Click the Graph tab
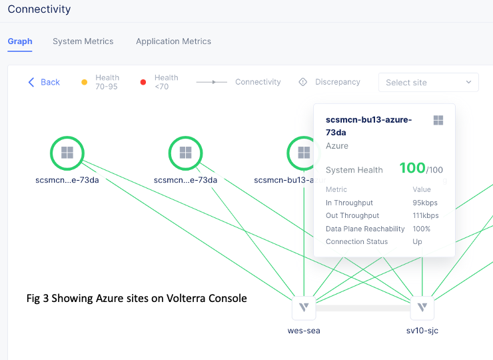click(x=20, y=41)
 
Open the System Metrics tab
click(x=83, y=41)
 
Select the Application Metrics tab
click(x=173, y=41)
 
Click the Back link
click(x=44, y=82)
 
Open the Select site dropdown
click(x=428, y=83)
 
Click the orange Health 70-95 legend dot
click(x=85, y=82)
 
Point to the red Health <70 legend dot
click(x=143, y=82)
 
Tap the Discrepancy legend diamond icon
click(x=302, y=82)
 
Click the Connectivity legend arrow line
click(x=213, y=82)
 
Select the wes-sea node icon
click(x=304, y=308)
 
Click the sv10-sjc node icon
click(x=422, y=308)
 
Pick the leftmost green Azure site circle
click(x=67, y=153)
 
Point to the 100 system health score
click(x=412, y=169)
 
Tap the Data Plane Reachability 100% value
click(x=421, y=229)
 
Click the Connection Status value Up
click(x=417, y=241)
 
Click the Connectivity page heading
click(x=39, y=10)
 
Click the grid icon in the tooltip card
click(x=438, y=120)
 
